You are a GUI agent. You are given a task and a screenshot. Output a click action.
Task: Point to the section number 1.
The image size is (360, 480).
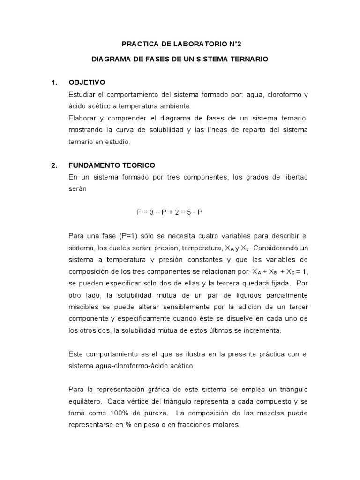(x=54, y=82)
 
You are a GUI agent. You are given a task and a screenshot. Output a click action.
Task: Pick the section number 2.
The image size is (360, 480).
(x=54, y=165)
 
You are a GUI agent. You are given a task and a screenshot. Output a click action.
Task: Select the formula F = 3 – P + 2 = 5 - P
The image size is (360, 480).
(x=170, y=212)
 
